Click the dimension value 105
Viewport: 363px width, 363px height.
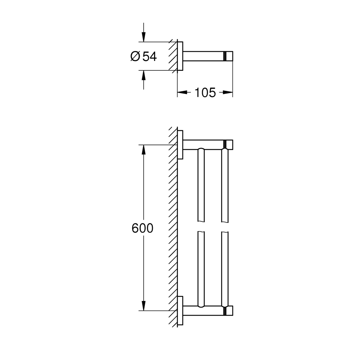(205, 93)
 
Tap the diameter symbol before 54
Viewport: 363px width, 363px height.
(135, 56)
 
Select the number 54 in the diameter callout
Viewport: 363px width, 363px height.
(149, 56)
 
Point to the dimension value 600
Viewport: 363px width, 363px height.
(142, 228)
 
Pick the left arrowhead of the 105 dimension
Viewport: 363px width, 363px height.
(181, 93)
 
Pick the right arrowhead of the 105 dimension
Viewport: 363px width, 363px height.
(229, 93)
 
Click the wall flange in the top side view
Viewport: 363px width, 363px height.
(180, 56)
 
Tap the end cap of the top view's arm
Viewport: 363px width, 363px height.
(229, 56)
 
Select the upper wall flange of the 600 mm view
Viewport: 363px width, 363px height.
(180, 144)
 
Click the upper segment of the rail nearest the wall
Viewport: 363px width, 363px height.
(200, 185)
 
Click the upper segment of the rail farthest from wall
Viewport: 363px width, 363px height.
(225, 185)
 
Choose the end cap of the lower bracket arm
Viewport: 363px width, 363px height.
(230, 310)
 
